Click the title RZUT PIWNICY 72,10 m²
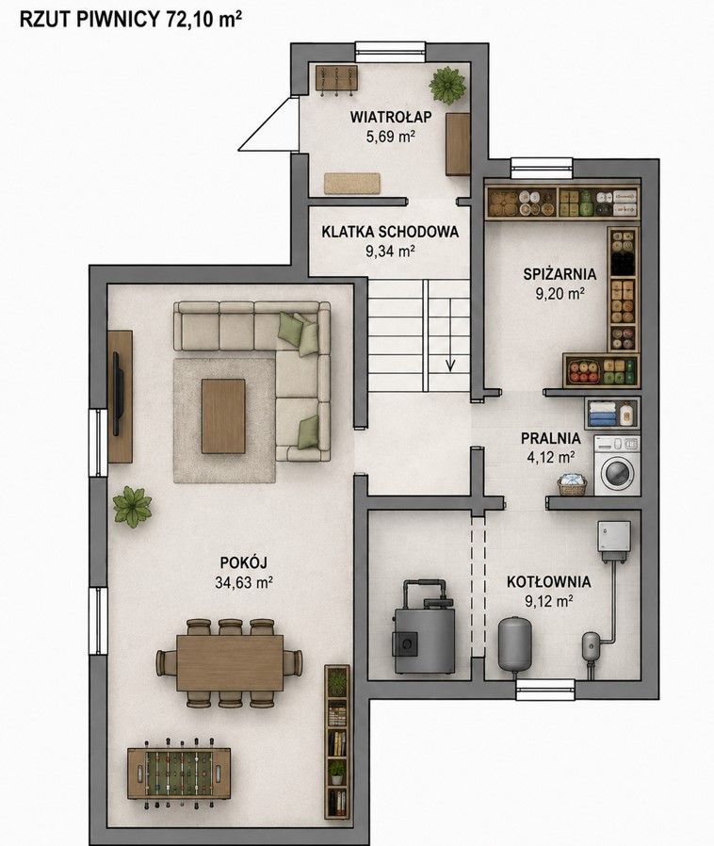[130, 19]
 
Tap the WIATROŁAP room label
[390, 117]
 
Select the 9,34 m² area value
[390, 251]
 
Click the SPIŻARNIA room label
[560, 273]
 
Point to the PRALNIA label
[551, 438]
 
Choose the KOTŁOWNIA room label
[548, 581]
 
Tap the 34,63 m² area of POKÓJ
[243, 583]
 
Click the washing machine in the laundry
[617, 465]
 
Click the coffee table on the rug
[223, 416]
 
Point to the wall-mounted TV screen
[117, 394]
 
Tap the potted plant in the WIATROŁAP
[447, 85]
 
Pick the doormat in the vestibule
[351, 184]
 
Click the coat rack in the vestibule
[336, 80]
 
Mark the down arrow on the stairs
[450, 335]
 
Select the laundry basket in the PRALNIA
[572, 484]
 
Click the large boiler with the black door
[424, 627]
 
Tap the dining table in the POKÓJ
[230, 663]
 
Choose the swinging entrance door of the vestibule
[268, 124]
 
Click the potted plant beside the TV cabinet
[132, 507]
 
